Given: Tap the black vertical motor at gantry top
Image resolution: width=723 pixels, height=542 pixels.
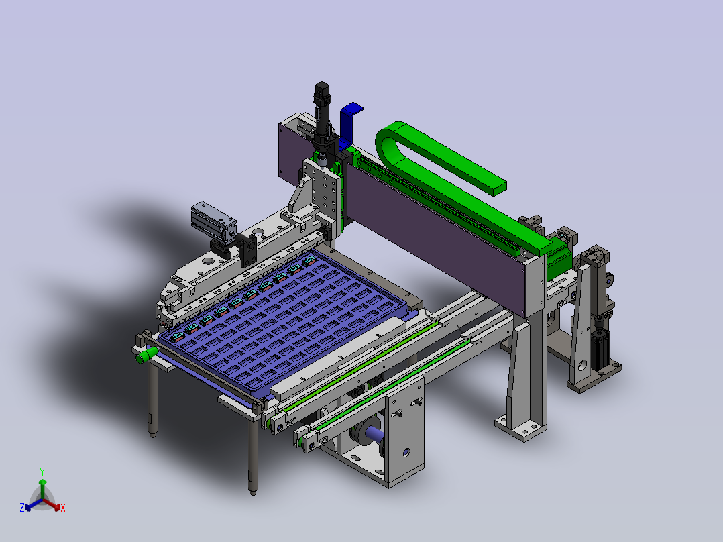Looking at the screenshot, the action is point(323,115).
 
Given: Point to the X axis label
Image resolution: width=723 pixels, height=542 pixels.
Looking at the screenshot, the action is point(63,508).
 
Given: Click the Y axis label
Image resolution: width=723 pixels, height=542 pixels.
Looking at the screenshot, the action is point(42,472).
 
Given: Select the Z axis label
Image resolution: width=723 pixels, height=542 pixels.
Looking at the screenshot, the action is point(21,508).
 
